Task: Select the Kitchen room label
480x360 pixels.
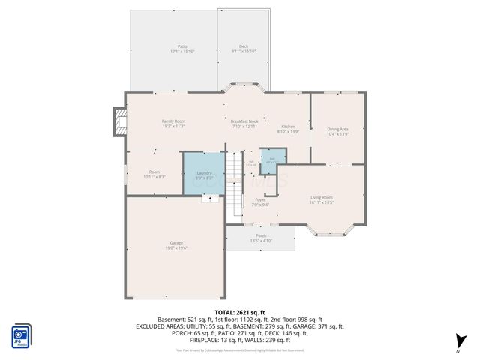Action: pyautogui.click(x=289, y=128)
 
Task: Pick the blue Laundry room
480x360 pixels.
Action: pyautogui.click(x=204, y=174)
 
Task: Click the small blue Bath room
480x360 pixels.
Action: pyautogui.click(x=272, y=158)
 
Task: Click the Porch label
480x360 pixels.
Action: pyautogui.click(x=261, y=238)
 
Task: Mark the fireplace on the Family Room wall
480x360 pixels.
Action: pyautogui.click(x=119, y=122)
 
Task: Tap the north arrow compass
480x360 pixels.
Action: pyautogui.click(x=460, y=343)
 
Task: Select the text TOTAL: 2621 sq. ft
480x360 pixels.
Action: pyautogui.click(x=240, y=312)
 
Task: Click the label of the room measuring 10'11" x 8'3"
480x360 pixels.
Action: pyautogui.click(x=154, y=174)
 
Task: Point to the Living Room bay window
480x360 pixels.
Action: pyautogui.click(x=329, y=231)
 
